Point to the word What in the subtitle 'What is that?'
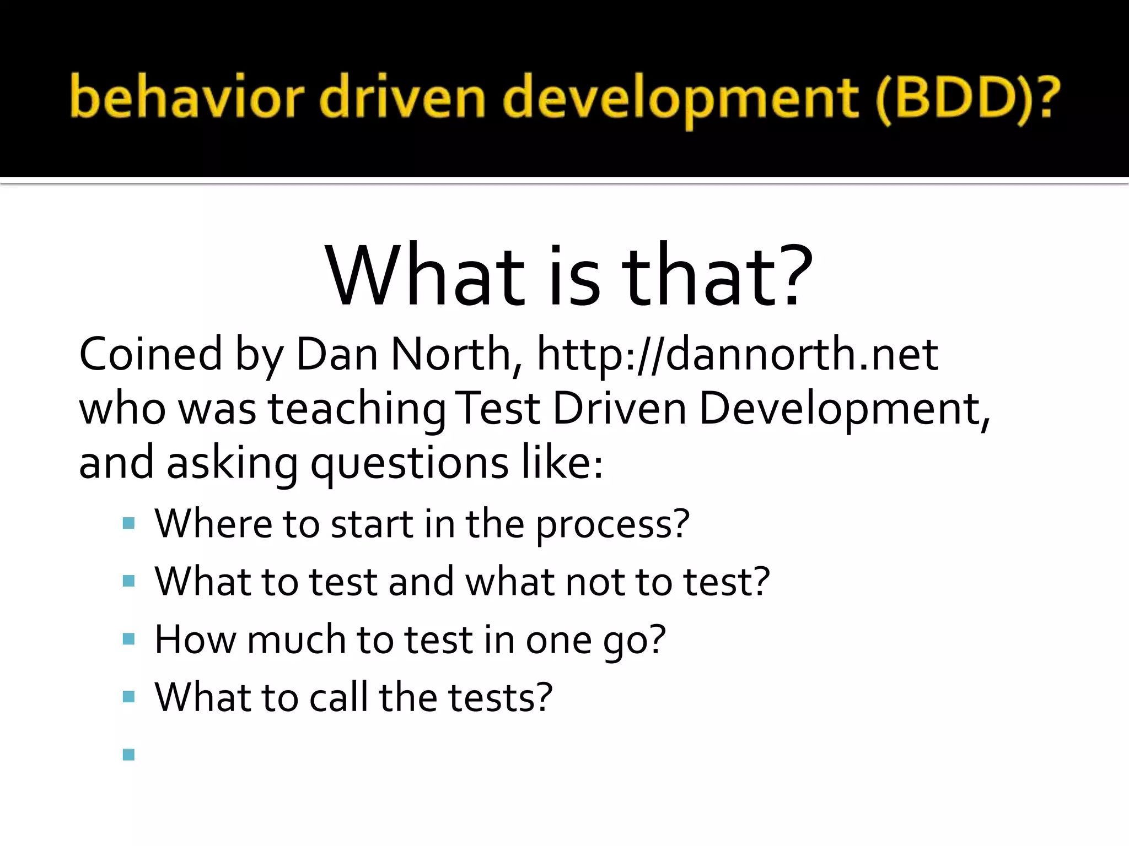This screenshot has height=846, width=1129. [424, 275]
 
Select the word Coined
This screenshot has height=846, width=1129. [150, 354]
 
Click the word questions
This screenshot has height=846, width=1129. [409, 464]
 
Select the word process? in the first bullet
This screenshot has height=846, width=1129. [612, 524]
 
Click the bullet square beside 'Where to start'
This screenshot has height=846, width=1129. [129, 523]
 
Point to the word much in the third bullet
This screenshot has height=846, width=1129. [296, 639]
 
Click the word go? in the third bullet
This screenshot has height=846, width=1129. [634, 641]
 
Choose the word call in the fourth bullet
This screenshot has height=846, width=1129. [338, 697]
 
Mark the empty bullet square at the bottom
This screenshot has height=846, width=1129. [129, 754]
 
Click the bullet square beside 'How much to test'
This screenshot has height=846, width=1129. [129, 639]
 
